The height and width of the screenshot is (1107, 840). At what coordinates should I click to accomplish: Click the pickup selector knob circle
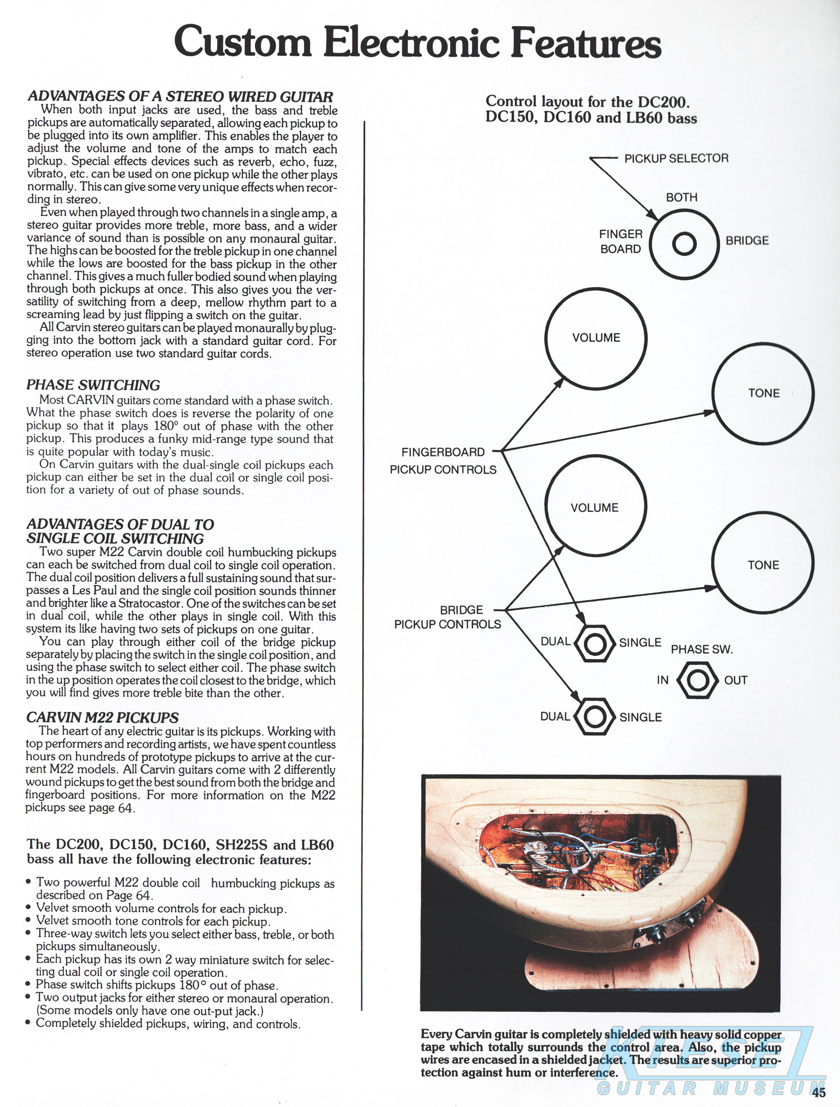684,244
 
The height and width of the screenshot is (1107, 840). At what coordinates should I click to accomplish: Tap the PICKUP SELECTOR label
676,159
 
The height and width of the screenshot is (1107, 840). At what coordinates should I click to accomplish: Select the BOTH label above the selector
681,197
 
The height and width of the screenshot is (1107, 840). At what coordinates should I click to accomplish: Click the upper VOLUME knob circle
596,338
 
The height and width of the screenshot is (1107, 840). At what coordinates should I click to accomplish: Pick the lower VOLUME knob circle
595,507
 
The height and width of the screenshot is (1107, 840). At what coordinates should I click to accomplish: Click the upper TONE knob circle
763,393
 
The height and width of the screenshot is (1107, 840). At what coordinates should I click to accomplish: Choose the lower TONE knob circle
763,565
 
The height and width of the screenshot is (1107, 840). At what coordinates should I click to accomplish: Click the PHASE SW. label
701,649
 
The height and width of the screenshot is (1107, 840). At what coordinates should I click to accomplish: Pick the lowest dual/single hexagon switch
594,717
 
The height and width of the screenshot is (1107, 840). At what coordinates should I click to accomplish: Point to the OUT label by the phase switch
735,681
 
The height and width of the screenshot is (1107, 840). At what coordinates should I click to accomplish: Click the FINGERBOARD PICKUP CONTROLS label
443,460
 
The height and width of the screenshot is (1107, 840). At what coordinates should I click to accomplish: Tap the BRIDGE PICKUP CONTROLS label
447,617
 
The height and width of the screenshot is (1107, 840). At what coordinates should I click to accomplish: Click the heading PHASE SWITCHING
93,385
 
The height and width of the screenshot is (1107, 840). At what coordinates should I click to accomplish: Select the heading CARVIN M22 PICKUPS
102,718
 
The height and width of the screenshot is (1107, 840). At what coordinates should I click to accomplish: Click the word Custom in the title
243,42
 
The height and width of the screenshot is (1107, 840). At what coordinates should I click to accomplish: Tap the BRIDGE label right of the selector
747,241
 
